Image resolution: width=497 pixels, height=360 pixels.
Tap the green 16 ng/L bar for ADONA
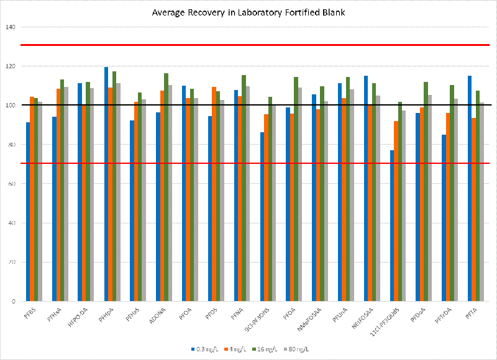(166, 187)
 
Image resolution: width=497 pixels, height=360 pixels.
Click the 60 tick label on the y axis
(12, 184)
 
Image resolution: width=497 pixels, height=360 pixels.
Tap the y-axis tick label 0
(14, 301)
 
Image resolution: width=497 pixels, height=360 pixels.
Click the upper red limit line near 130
(248, 45)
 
